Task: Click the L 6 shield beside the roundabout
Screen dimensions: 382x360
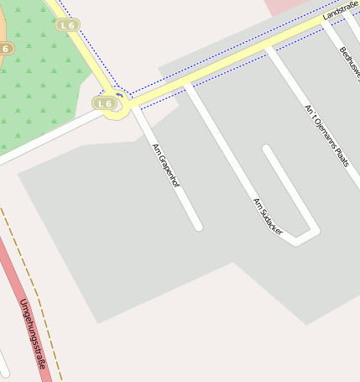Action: click(x=104, y=103)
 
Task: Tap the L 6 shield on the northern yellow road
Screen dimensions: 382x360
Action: click(x=68, y=25)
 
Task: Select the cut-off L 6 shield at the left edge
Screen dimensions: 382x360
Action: click(x=4, y=48)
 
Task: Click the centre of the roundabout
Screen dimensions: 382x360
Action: click(x=120, y=104)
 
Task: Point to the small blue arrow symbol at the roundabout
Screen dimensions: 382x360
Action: click(x=120, y=96)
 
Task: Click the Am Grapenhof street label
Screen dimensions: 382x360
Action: click(x=165, y=165)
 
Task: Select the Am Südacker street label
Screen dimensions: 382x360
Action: click(x=268, y=216)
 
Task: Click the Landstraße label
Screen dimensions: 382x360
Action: click(x=340, y=10)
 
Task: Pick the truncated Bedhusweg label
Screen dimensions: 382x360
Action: click(x=350, y=64)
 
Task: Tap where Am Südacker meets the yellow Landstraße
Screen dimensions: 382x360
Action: click(x=188, y=82)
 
